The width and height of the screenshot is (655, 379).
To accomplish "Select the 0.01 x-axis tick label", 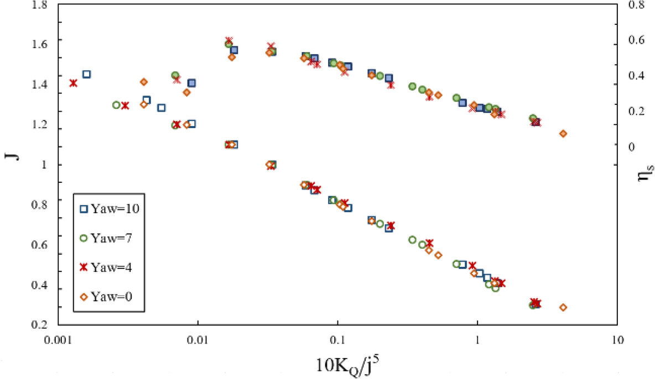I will (x=198, y=341).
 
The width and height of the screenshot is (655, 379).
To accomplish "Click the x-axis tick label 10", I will (x=618, y=341).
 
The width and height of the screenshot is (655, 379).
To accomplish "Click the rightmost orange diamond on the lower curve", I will (x=563, y=307).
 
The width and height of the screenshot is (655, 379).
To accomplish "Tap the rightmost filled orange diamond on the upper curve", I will (x=563, y=134).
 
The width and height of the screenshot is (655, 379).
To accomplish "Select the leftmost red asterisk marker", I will (x=73, y=83).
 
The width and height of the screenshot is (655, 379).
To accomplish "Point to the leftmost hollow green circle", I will (x=116, y=105).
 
